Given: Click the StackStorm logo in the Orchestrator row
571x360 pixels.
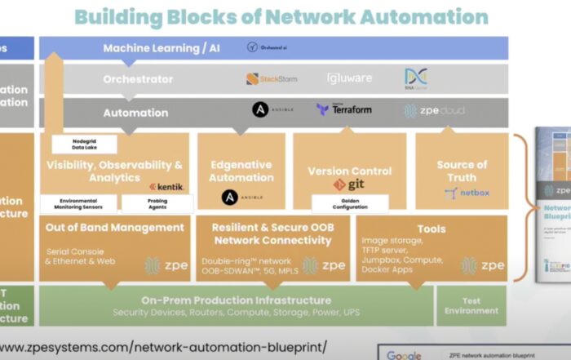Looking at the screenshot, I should click(x=272, y=79).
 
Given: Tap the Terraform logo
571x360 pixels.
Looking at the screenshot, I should click(x=344, y=109).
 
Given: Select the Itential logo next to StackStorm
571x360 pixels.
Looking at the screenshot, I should click(x=349, y=78).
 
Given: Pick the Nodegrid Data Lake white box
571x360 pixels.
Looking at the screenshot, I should click(x=84, y=144).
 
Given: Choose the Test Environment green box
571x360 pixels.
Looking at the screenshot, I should click(x=471, y=305).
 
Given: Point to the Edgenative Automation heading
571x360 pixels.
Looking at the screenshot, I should click(x=241, y=171).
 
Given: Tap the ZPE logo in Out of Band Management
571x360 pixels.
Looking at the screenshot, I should click(x=165, y=265).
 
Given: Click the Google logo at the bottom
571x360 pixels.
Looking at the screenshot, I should click(x=404, y=355).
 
